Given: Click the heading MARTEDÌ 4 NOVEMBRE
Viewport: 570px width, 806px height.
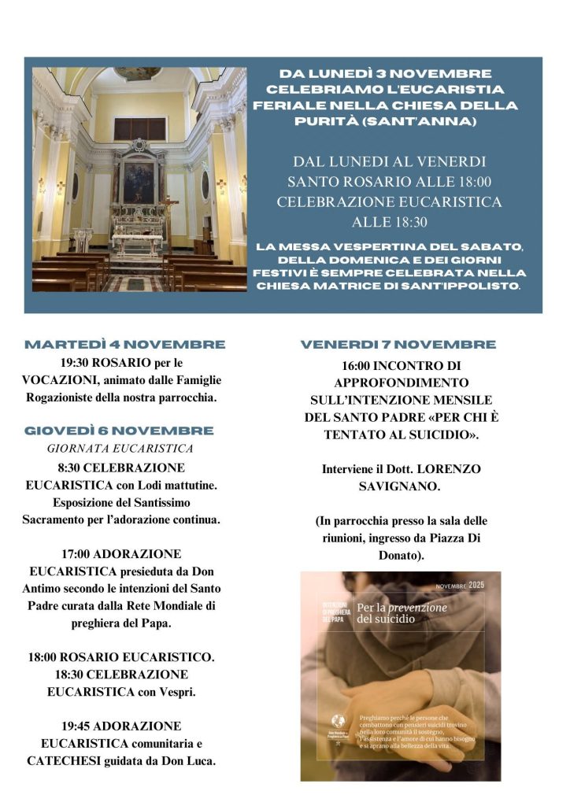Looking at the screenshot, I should (x=125, y=345).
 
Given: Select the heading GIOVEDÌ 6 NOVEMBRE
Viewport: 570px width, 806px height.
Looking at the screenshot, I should (x=119, y=431).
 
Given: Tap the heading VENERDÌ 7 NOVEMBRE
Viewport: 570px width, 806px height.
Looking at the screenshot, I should (x=398, y=345).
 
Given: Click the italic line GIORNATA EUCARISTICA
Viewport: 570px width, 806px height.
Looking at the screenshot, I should (x=120, y=449).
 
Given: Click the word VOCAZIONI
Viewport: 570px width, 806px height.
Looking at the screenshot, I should (x=57, y=380).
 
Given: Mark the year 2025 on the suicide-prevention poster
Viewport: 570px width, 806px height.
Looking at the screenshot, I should (x=477, y=586).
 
